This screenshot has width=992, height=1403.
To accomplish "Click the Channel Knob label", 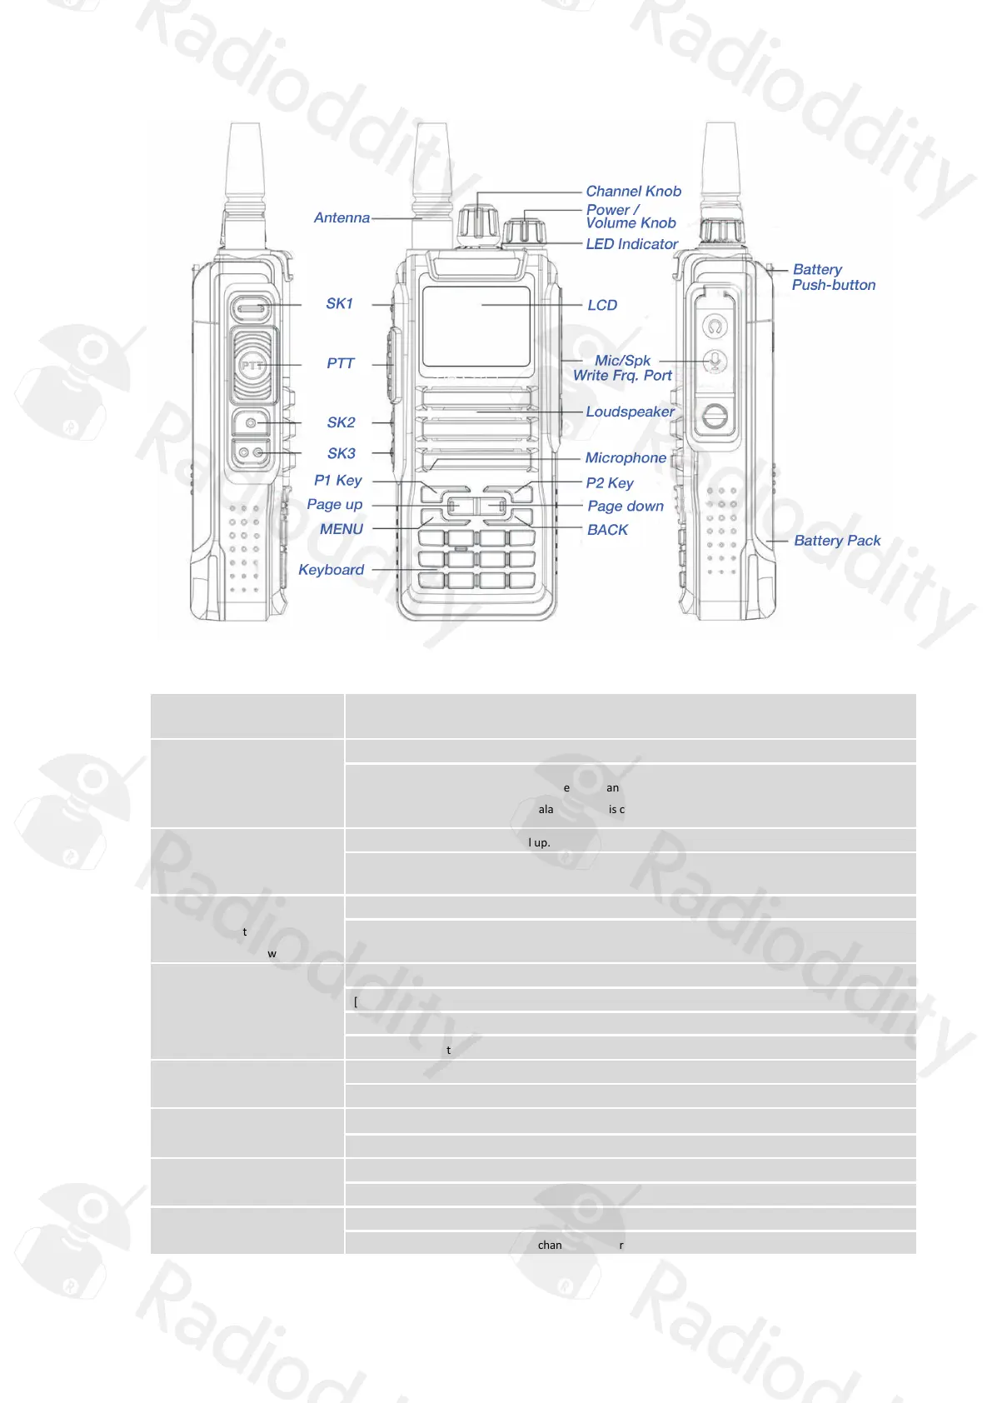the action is [633, 192].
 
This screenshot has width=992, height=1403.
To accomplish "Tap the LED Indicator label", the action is [631, 244].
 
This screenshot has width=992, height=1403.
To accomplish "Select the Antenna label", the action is [341, 218].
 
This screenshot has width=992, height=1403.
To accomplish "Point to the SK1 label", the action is [340, 304].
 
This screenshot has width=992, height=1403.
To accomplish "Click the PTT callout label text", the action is [341, 364].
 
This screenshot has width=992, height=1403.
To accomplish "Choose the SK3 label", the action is [341, 454].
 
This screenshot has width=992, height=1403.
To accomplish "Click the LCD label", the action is [602, 306].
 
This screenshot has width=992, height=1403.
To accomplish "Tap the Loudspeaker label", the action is [630, 412].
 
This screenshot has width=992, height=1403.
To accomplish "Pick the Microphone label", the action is [626, 458].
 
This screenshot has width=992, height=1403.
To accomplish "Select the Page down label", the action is [626, 507].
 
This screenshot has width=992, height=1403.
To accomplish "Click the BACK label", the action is [608, 530].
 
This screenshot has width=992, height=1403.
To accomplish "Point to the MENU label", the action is [341, 529].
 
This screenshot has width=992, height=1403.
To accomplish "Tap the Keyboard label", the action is [331, 570].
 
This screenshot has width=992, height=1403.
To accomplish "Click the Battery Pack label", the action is [837, 541].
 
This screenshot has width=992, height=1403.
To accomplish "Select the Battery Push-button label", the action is [833, 277].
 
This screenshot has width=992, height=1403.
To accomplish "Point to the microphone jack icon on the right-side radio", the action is [715, 362].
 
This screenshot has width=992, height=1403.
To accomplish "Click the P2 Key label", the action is [610, 483].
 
